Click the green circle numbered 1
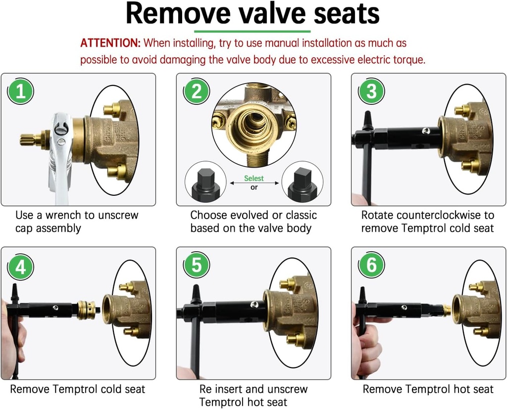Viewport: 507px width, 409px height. coord(20,91)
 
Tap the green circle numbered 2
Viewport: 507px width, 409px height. coord(197,91)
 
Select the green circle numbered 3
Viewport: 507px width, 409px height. coord(371,91)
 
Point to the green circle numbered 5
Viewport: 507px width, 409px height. coord(197,266)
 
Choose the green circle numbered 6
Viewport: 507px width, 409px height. coord(371,266)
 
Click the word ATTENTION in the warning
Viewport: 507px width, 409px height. coord(110,43)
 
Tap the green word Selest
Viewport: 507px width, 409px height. coord(253,178)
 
